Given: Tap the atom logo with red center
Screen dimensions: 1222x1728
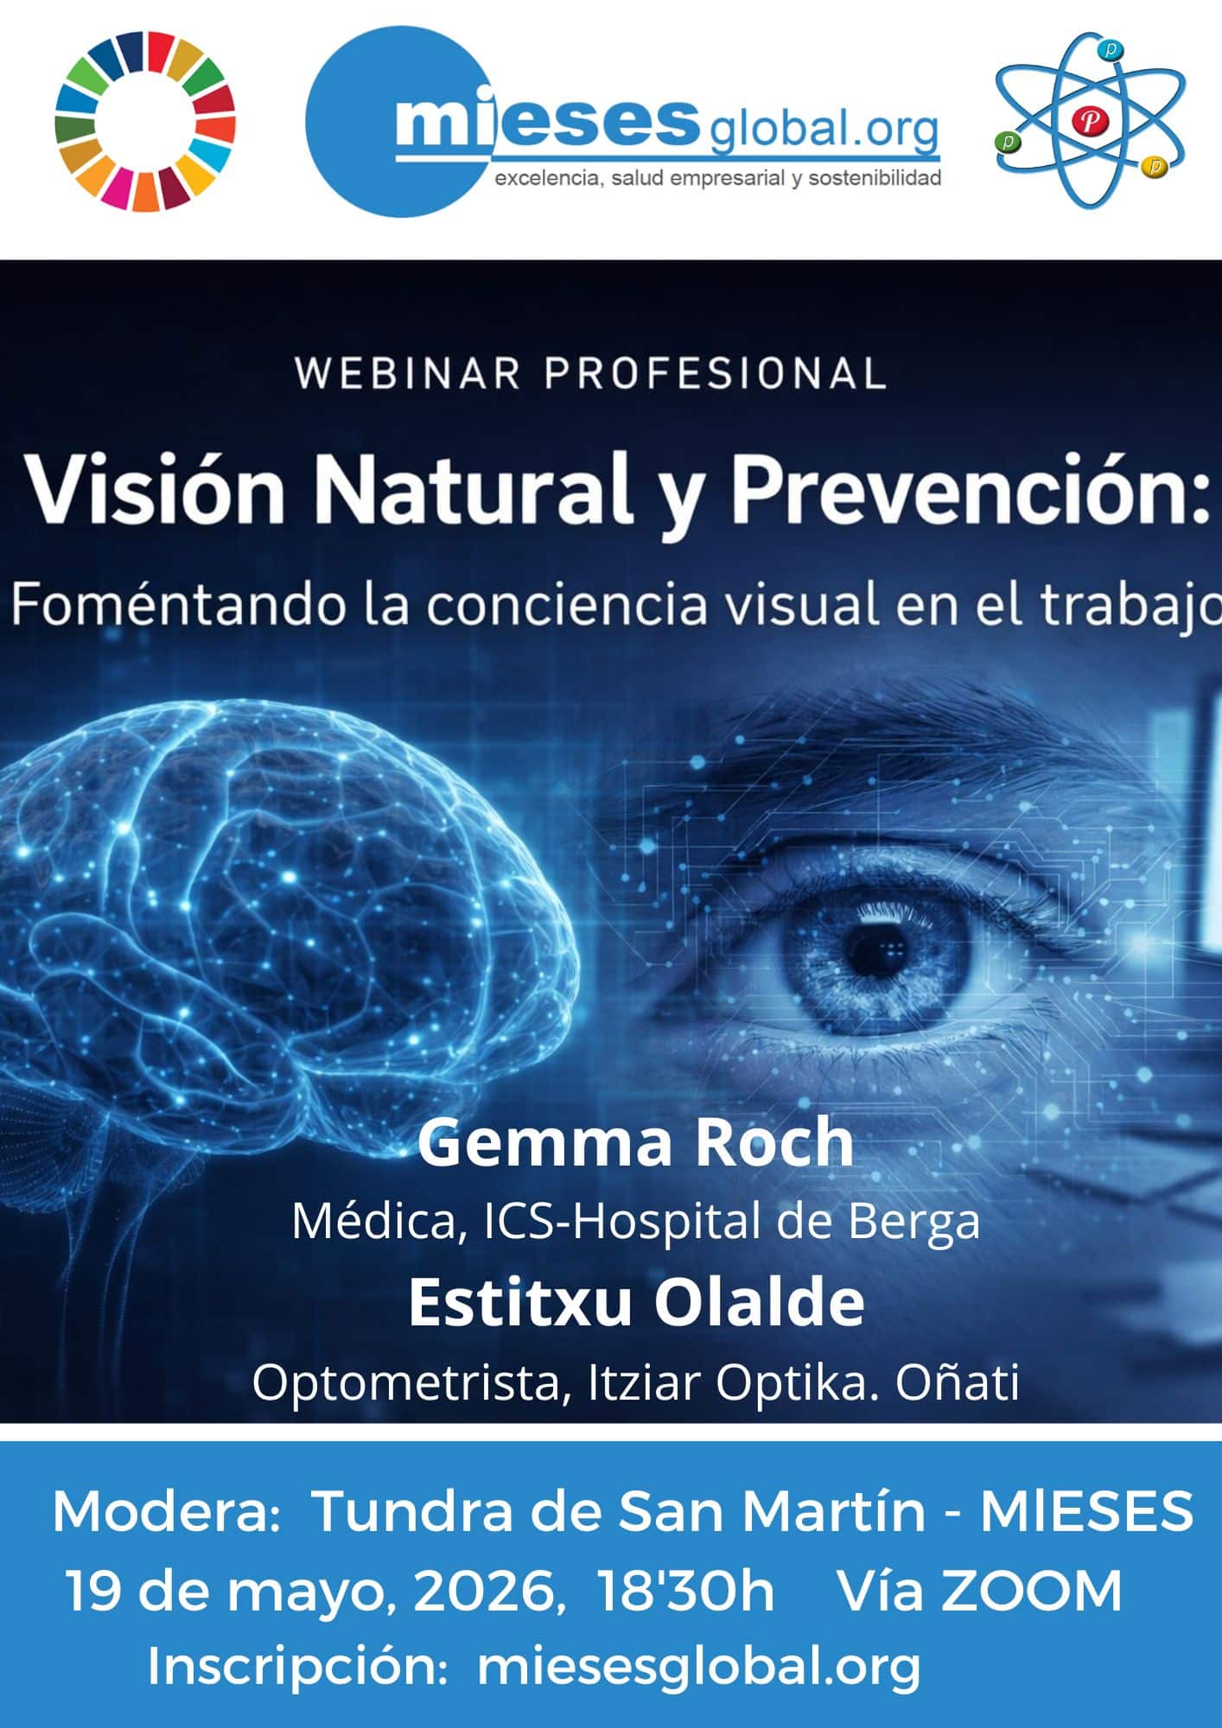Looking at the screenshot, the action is click(1090, 121).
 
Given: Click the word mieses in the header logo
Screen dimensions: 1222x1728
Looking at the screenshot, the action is click(546, 124).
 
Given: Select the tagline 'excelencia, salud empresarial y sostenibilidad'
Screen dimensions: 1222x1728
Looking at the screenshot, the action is click(717, 179).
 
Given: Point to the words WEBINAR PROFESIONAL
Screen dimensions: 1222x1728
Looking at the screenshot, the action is click(591, 374).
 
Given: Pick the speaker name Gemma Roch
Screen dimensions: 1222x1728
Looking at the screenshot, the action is click(636, 1141).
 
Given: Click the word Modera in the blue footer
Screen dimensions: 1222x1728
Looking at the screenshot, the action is click(164, 1512).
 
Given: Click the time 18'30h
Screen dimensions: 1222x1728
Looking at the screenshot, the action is click(686, 1591).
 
